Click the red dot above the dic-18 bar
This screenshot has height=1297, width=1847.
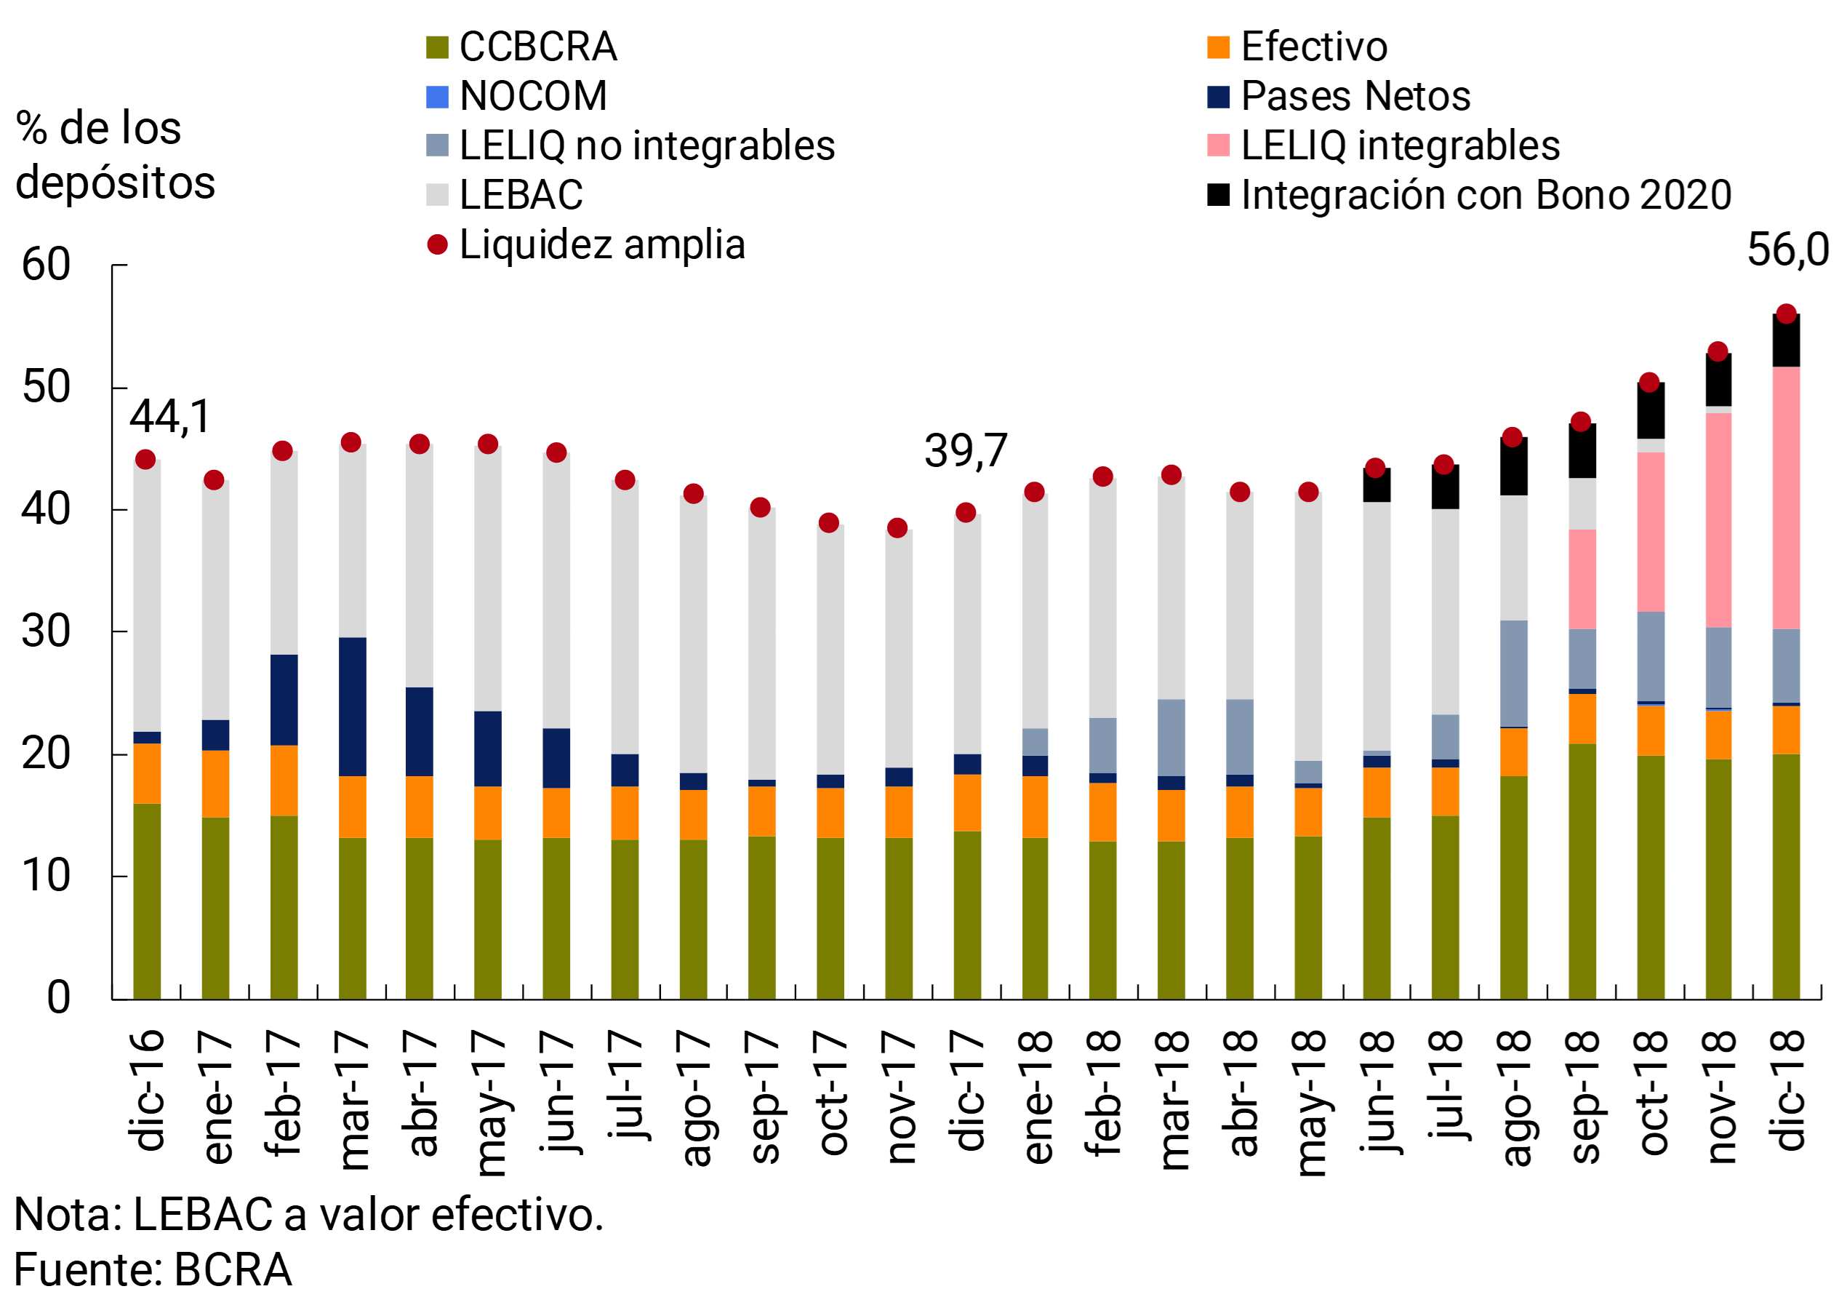click(1786, 314)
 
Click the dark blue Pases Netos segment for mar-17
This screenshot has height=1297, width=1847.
click(353, 706)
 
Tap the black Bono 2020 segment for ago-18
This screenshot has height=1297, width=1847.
click(1513, 467)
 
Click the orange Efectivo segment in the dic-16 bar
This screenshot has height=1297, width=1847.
click(146, 773)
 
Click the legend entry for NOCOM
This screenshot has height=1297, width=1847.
click(532, 97)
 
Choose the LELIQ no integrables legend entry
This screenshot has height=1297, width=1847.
click(646, 145)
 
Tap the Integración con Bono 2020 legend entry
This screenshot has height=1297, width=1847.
click(1485, 195)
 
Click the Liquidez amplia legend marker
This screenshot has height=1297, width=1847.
click(437, 244)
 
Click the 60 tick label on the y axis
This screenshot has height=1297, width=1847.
click(46, 266)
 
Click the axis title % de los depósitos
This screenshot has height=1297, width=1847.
click(115, 154)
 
